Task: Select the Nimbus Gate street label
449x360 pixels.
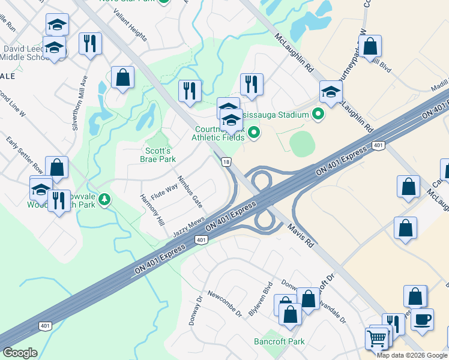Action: point(189,191)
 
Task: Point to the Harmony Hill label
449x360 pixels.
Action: point(152,209)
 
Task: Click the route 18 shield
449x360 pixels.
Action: point(226,162)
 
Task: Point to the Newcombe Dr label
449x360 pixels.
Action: point(224,304)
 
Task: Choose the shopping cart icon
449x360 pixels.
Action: point(376,339)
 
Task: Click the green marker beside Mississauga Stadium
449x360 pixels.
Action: point(318,113)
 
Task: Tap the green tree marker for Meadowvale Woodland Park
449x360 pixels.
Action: point(106,199)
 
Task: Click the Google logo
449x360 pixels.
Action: point(20,353)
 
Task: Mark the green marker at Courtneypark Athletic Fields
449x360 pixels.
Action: point(253,133)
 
